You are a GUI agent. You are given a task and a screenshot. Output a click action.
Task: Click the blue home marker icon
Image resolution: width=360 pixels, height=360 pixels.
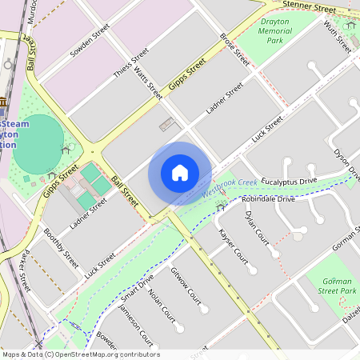[180, 173]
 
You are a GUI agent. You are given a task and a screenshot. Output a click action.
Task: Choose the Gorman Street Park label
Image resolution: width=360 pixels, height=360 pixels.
[338, 286]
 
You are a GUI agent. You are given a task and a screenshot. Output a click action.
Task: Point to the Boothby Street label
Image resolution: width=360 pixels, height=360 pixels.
[61, 249]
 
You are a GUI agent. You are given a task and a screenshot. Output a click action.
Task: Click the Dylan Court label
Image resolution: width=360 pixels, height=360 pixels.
[258, 229]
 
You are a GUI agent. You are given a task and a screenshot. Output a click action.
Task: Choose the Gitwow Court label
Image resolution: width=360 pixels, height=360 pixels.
[186, 286]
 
